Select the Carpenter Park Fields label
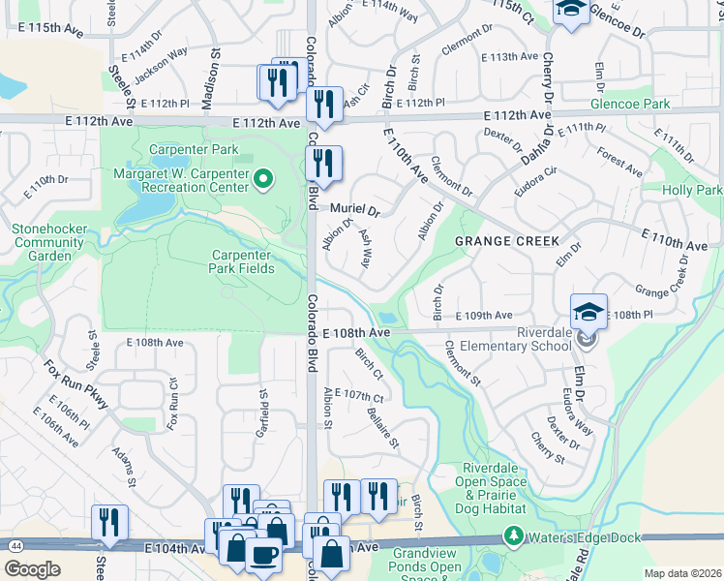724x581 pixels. pyautogui.click(x=243, y=261)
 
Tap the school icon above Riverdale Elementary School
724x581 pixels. pyautogui.click(x=588, y=312)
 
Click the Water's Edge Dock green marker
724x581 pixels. pyautogui.click(x=512, y=535)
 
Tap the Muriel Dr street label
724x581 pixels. pyautogui.click(x=355, y=208)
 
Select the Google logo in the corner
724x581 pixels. pyautogui.click(x=32, y=569)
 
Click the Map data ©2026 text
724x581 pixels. pyautogui.click(x=681, y=573)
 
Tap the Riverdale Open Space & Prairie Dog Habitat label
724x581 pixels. pyautogui.click(x=494, y=488)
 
